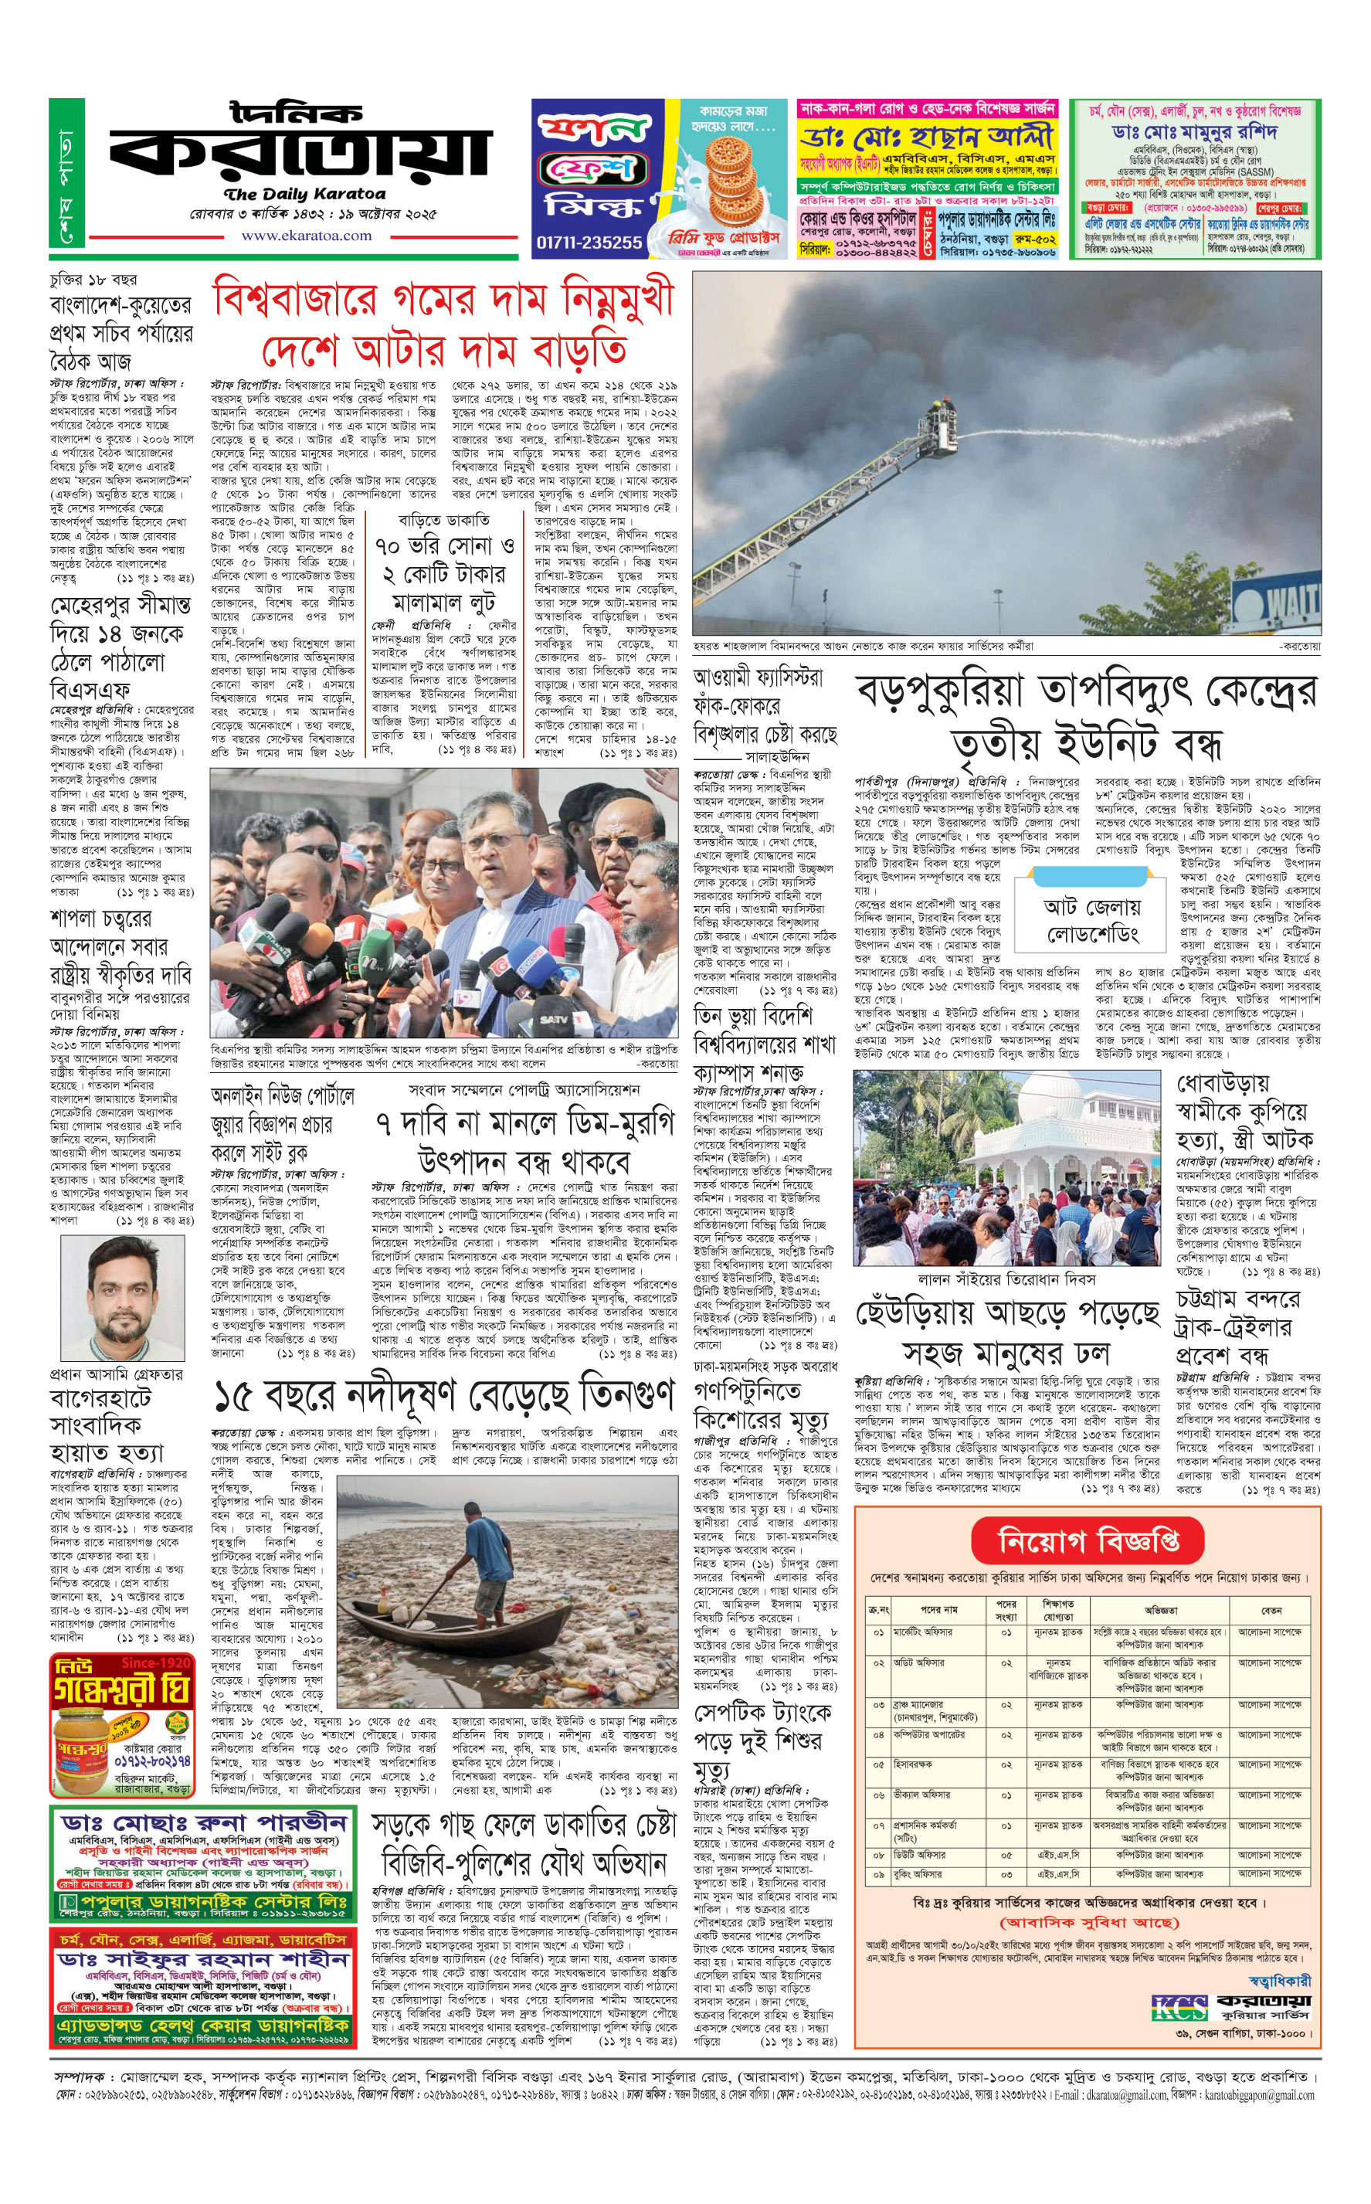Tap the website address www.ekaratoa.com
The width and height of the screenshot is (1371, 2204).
307,236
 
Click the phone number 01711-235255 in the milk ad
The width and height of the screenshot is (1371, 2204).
589,243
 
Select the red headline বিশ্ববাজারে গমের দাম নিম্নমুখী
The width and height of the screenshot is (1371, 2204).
443,298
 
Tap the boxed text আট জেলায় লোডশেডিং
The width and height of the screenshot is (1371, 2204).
1091,919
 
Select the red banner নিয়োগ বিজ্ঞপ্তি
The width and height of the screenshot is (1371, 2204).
1088,1540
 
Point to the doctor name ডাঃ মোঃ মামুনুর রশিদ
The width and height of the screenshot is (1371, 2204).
1195,132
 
